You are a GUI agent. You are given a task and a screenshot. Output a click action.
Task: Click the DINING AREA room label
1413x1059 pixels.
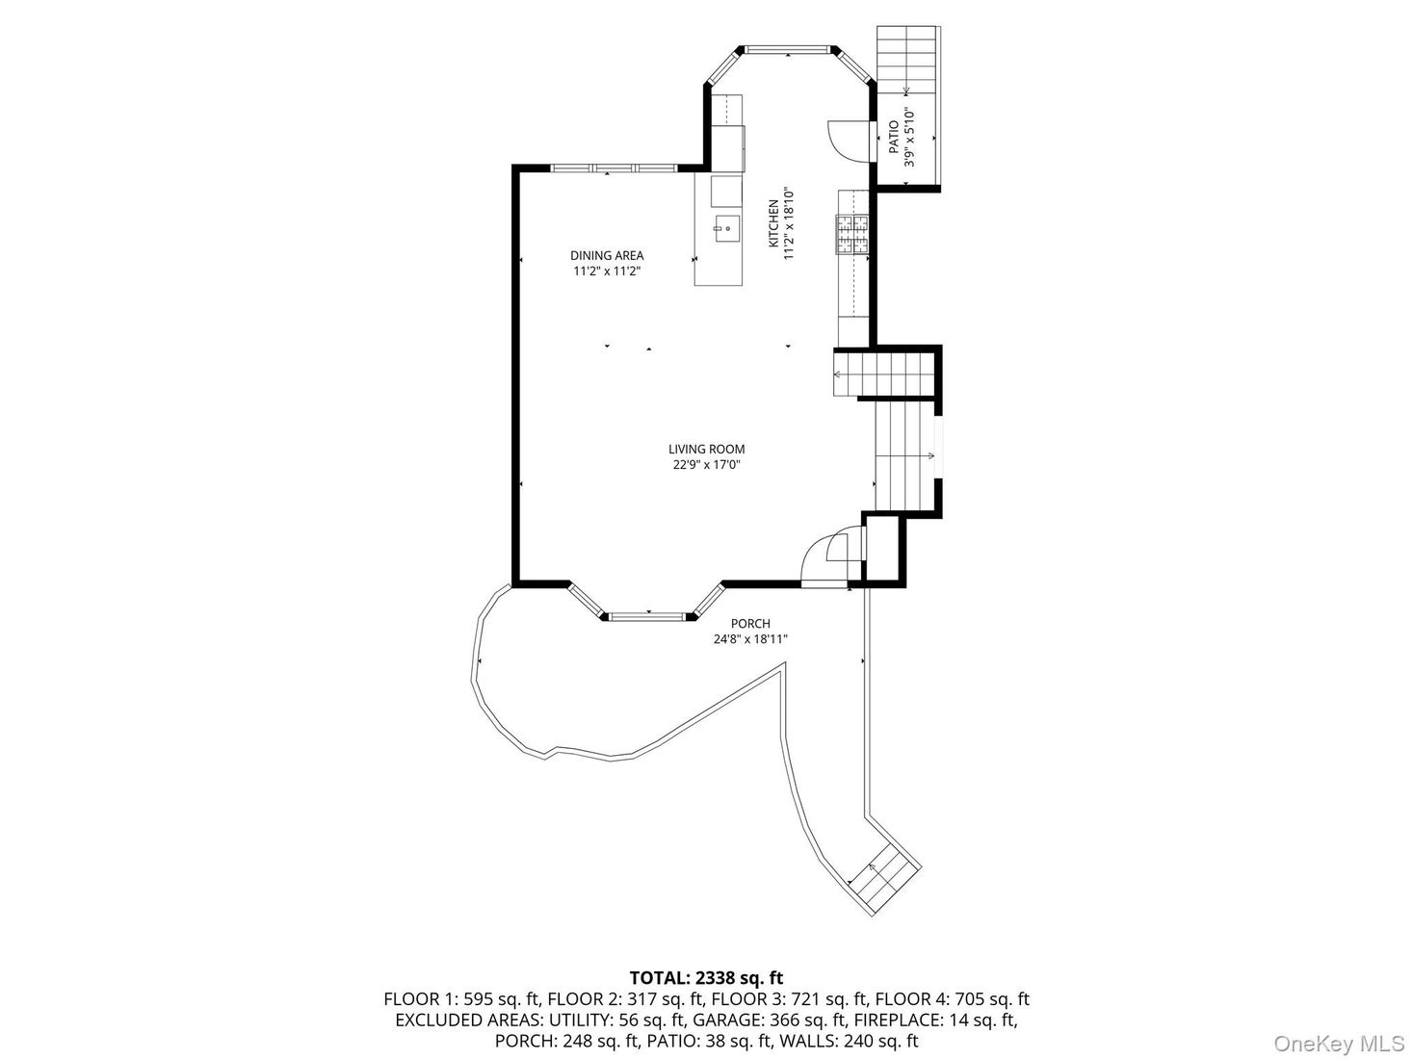point(607,255)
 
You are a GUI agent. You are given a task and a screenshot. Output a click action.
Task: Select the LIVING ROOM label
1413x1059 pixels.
point(706,449)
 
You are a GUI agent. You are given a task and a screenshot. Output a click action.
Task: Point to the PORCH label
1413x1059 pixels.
point(750,624)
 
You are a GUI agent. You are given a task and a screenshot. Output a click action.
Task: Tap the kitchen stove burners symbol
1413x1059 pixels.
point(852,235)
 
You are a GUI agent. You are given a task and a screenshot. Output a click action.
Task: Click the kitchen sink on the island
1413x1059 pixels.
point(727,229)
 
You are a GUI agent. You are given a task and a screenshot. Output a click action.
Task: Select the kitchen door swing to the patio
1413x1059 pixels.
point(842,139)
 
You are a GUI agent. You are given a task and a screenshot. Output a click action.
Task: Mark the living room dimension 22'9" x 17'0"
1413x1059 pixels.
point(706,465)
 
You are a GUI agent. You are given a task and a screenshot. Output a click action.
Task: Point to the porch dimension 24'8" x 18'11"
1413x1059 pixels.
point(750,639)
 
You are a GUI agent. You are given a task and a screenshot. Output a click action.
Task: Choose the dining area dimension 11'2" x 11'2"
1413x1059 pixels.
point(607,271)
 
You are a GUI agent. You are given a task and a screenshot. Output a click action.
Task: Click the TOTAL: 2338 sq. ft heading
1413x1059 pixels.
point(706,979)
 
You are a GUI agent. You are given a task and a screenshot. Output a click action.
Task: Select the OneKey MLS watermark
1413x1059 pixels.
point(1339,1044)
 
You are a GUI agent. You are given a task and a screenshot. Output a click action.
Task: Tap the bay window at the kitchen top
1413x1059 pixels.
point(789,48)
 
